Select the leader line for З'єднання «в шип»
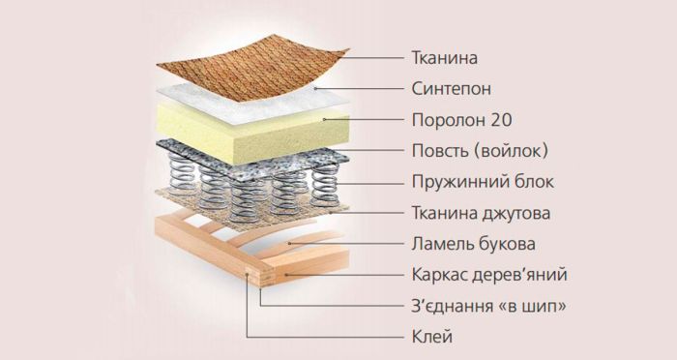coord(319,306)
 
